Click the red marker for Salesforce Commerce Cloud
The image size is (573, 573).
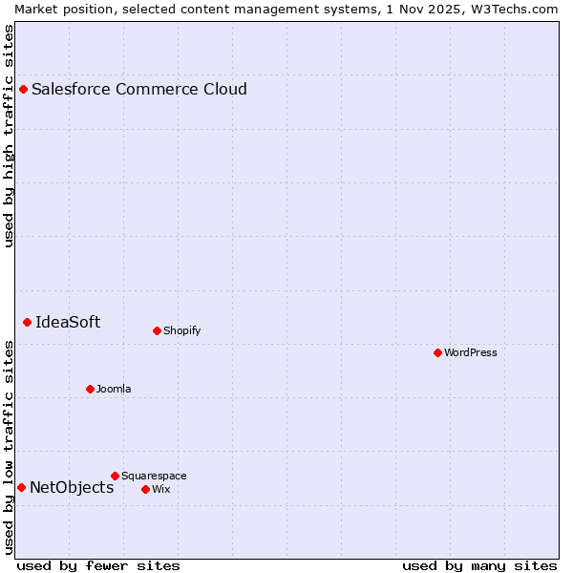(x=24, y=90)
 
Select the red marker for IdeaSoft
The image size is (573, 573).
(x=28, y=323)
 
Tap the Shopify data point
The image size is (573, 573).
(x=157, y=331)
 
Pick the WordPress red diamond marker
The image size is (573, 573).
(x=437, y=353)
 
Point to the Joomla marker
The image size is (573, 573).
(x=90, y=390)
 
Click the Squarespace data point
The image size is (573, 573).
(x=115, y=477)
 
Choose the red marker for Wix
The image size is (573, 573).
(x=145, y=490)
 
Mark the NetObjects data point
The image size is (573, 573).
(x=21, y=488)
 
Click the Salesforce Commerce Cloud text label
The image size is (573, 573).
(x=139, y=90)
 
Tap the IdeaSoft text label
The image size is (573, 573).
(x=68, y=323)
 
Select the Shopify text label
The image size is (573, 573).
(x=181, y=331)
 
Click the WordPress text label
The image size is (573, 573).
(x=470, y=353)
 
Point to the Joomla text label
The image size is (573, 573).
(x=114, y=390)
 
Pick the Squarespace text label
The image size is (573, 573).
(x=154, y=477)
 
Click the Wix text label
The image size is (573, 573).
(x=160, y=490)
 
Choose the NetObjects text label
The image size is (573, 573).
(x=72, y=488)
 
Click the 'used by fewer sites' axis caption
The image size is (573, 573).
(x=98, y=566)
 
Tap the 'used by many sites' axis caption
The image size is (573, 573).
(x=479, y=566)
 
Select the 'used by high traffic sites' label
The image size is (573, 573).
(x=10, y=137)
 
